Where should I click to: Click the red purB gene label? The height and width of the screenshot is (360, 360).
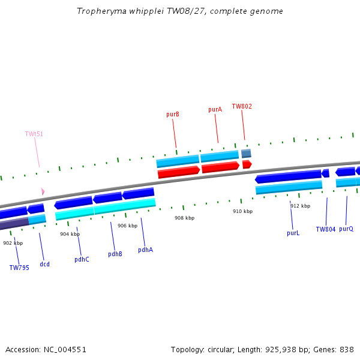click(173, 114)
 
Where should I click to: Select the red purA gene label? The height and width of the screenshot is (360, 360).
click(215, 110)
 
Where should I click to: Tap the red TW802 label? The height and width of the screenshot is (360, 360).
click(242, 107)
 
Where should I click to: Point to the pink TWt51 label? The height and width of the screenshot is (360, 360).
click(34, 134)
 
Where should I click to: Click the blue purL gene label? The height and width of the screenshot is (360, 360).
click(293, 233)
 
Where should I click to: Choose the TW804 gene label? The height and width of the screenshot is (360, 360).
click(326, 229)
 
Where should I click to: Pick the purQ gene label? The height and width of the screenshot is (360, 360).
click(346, 229)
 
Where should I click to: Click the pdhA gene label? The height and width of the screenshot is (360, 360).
click(145, 250)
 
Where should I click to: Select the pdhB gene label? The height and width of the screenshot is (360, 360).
click(115, 254)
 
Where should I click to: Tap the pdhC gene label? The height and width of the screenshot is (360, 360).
click(82, 259)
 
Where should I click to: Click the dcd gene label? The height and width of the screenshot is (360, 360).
click(44, 264)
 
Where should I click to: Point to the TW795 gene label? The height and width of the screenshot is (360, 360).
click(19, 268)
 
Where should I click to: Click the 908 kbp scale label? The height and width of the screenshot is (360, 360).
click(184, 218)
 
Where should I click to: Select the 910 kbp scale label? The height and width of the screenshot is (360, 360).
click(242, 211)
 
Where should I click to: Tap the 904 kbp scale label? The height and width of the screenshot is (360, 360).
click(70, 234)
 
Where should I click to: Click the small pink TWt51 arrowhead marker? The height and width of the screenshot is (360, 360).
click(43, 191)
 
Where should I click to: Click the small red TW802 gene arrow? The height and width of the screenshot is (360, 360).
click(247, 164)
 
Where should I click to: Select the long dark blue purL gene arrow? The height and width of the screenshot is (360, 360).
click(288, 176)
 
